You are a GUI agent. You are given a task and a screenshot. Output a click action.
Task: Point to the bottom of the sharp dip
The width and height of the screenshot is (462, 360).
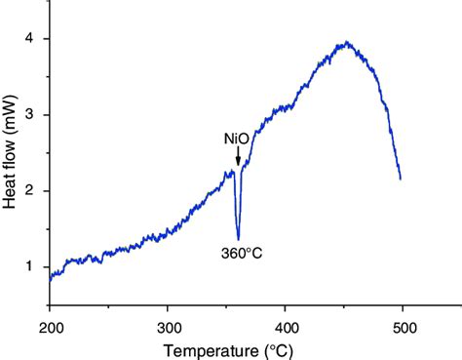pyautogui.click(x=238, y=238)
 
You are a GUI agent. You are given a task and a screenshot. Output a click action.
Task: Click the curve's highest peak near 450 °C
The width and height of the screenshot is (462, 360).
pyautogui.click(x=345, y=43)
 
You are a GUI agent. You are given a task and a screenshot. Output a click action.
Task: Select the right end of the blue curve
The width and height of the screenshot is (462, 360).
pyautogui.click(x=401, y=179)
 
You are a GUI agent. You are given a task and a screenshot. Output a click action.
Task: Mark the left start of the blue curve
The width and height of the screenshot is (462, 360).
pyautogui.click(x=50, y=280)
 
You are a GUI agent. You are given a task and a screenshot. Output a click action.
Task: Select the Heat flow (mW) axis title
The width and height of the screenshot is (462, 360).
pyautogui.click(x=11, y=151)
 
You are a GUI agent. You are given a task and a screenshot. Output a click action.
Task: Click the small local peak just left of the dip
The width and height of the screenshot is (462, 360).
pyautogui.click(x=232, y=171)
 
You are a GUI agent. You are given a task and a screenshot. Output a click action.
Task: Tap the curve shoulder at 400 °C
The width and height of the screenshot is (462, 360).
pyautogui.click(x=286, y=107)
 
